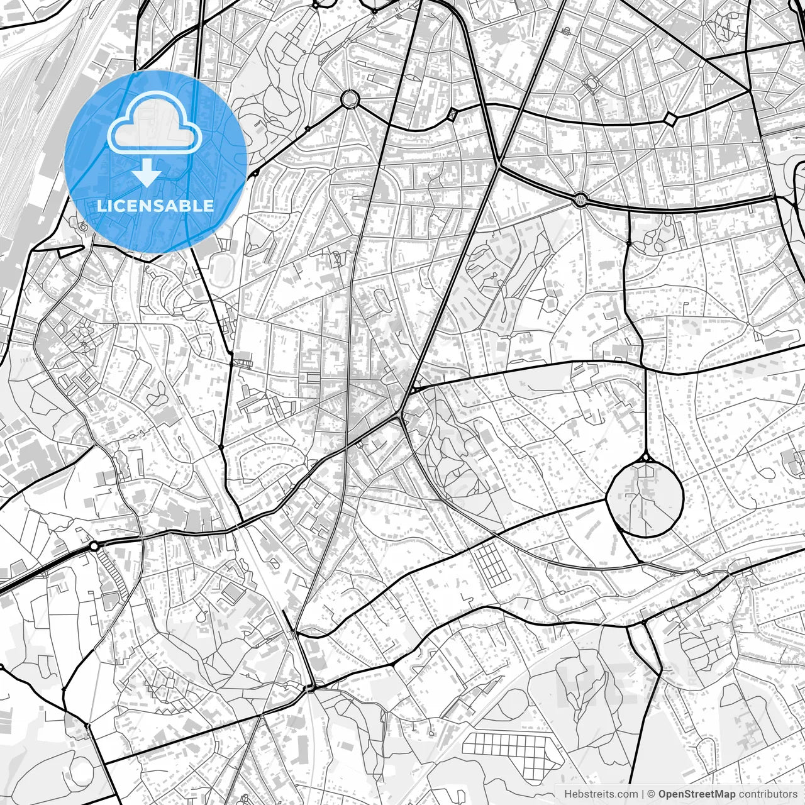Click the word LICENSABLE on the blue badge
155,206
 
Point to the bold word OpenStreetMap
697,794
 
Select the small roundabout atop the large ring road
646,457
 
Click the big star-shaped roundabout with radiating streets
349,99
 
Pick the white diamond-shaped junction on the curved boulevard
670,119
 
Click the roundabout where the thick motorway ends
94,546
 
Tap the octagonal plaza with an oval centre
591,82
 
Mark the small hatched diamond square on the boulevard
452,115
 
